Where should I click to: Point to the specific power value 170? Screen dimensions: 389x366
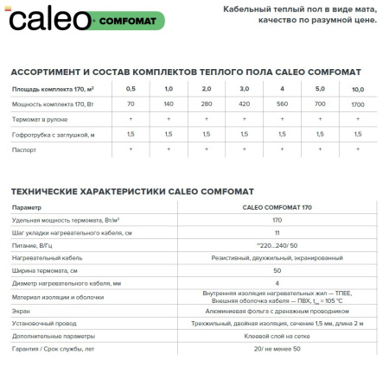point(277,221)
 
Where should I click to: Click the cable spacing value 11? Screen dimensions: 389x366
point(277,234)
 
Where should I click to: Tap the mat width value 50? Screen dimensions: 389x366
point(277,271)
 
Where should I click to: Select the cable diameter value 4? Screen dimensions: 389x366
point(277,283)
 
